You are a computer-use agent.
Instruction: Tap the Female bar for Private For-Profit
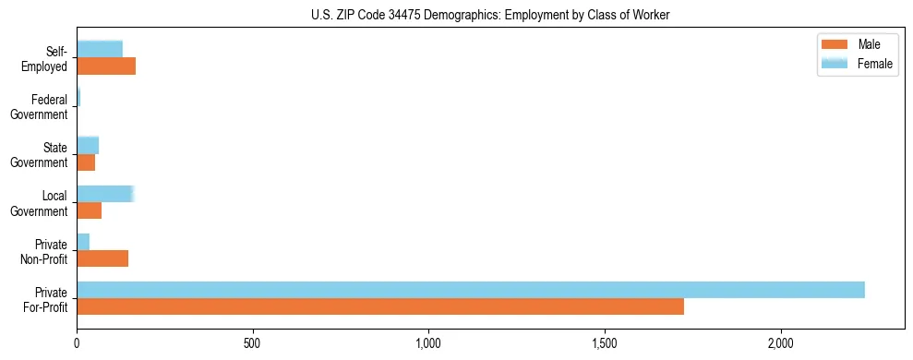471,290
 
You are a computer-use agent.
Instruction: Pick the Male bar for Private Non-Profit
102,258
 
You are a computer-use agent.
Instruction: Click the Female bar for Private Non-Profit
83,242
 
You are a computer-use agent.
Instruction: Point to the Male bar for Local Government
89,210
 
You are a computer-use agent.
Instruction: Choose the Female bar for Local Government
105,194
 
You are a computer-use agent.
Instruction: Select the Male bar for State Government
86,162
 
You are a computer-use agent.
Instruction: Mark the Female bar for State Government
88,146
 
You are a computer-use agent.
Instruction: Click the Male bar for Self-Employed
106,66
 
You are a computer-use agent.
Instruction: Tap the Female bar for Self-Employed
100,50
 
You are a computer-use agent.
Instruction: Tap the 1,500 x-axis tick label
605,343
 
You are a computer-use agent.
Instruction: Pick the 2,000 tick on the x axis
781,343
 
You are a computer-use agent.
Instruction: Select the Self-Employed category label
46,59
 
